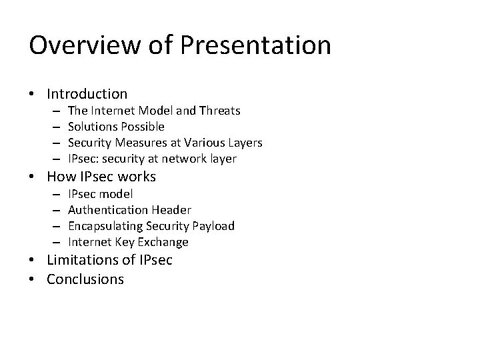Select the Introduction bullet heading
point(87,94)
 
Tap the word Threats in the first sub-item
point(219,111)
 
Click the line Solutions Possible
point(116,127)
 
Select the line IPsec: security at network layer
point(152,159)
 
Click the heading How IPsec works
point(101,177)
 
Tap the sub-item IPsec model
point(100,193)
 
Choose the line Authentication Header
point(129,210)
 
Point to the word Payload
point(214,226)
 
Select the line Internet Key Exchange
point(128,242)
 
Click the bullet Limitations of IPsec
point(109,260)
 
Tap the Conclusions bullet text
point(85,279)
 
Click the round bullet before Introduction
point(33,95)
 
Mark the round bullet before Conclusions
point(33,279)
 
